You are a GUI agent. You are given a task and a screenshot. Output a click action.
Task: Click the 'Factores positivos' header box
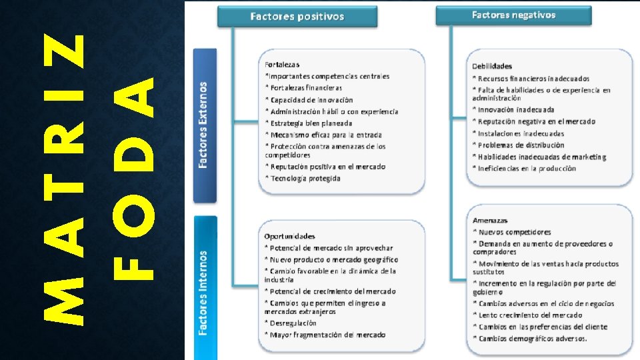coord(297,16)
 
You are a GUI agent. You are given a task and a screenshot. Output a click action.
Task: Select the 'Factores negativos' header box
coord(513,15)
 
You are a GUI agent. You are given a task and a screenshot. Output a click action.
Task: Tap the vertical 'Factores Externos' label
coord(205,125)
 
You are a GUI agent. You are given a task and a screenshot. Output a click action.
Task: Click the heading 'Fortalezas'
coord(282,65)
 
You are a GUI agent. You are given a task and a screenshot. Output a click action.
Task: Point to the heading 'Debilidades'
coord(492,66)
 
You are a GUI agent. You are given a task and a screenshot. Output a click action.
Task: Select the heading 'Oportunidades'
coord(289,236)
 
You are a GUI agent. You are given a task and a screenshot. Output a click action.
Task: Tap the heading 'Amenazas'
coord(490,220)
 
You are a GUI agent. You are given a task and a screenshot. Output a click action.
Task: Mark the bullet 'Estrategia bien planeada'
coord(311,123)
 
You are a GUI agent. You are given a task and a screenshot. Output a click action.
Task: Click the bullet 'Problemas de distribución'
coord(521,145)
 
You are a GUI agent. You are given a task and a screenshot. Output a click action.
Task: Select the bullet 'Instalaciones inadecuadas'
coord(521,133)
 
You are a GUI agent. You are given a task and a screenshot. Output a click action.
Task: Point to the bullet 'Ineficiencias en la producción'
coord(527,169)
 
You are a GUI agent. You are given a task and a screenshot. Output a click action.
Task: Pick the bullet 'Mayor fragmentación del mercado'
coord(327,335)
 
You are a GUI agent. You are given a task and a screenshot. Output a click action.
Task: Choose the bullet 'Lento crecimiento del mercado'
coord(530,315)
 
